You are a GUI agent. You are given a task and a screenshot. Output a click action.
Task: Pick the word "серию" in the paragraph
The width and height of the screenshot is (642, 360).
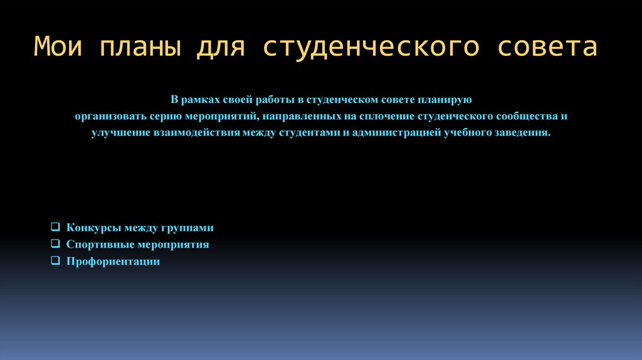(x=165, y=117)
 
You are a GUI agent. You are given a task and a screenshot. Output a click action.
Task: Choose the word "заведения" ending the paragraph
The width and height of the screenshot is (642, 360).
(x=525, y=133)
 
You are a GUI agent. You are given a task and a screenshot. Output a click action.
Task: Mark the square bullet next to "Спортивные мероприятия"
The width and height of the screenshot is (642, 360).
(x=55, y=244)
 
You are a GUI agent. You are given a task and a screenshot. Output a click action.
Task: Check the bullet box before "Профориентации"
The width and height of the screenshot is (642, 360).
(x=55, y=260)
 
